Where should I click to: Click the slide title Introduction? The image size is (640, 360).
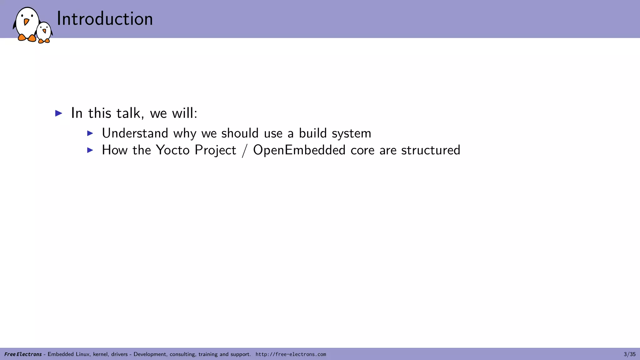pos(105,19)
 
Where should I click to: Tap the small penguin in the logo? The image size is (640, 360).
pos(44,32)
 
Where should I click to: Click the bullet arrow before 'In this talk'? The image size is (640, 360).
pos(59,113)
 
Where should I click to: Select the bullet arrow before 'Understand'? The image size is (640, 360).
pos(90,133)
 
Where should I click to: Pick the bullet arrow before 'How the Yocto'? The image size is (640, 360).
pos(90,150)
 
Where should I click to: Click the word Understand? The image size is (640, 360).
pos(135,133)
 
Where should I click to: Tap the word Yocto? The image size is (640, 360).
pos(172,150)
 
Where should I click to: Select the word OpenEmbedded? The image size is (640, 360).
pos(299,150)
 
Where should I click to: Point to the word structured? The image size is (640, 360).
pos(431,150)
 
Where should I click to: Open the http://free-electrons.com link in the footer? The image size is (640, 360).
pos(291,354)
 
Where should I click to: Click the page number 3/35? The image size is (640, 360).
pos(629,354)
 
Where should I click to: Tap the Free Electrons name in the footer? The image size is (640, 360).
pos(23,354)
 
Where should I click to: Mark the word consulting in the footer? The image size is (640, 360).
pos(183,354)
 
